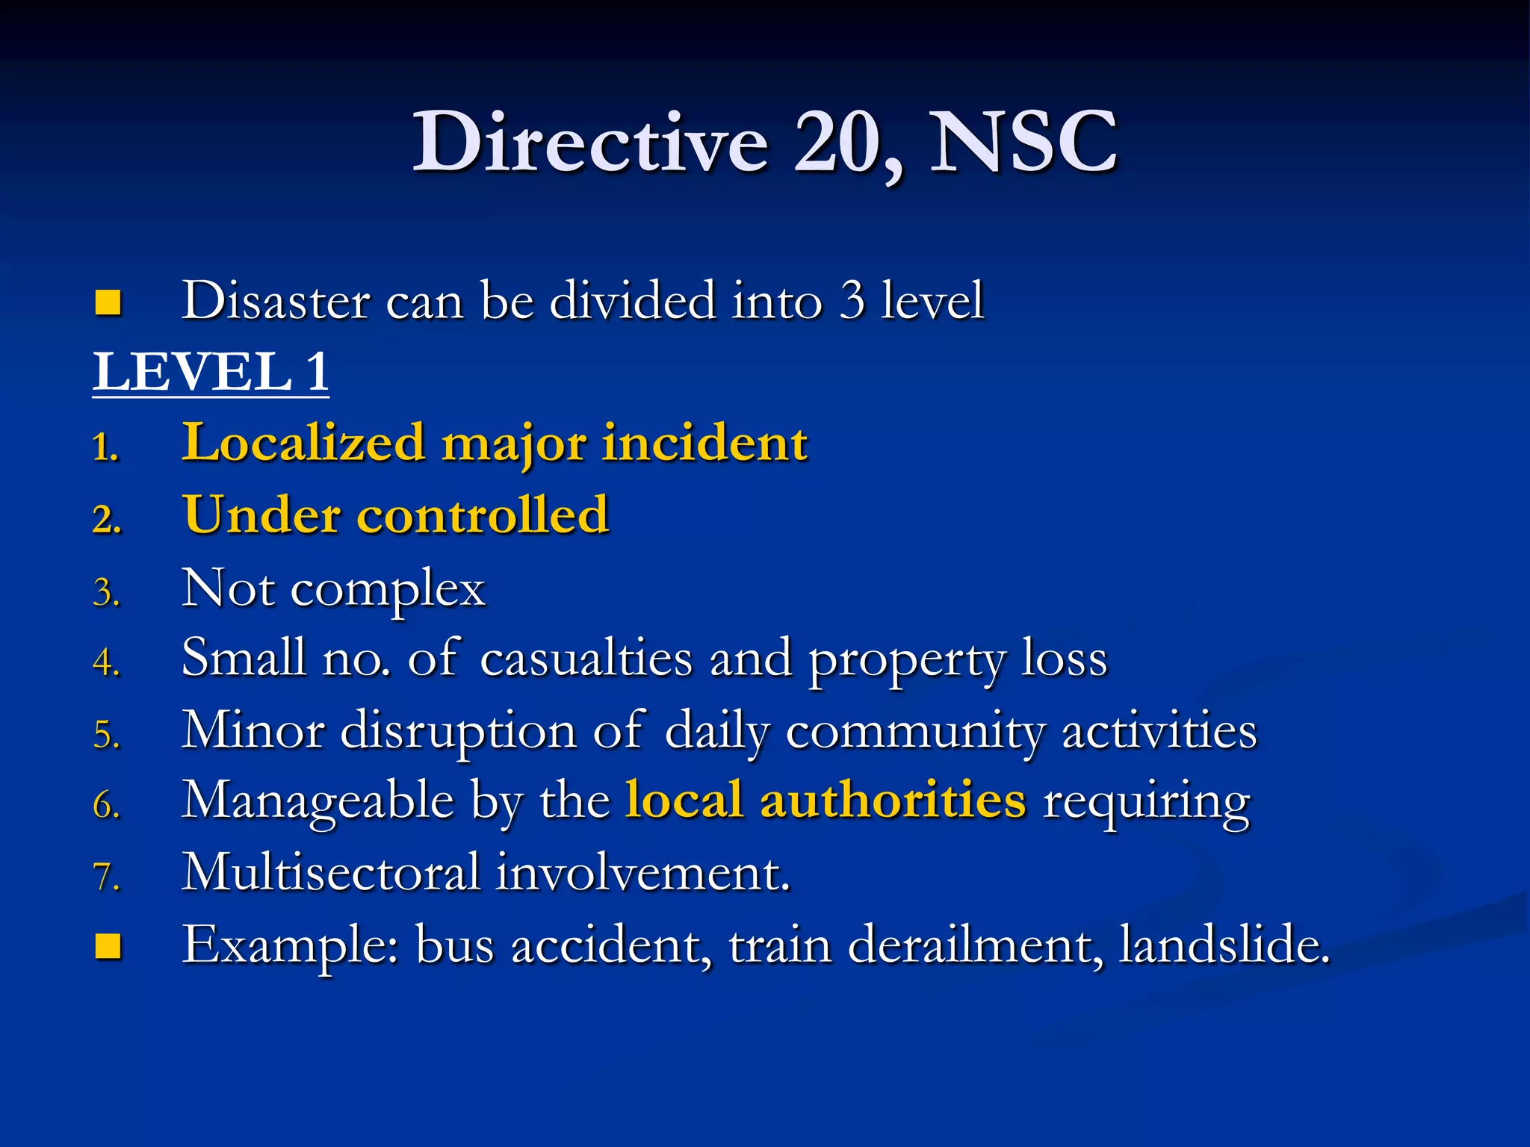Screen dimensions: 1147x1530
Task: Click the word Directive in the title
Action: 590,142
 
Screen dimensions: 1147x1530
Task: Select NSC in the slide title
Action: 1023,142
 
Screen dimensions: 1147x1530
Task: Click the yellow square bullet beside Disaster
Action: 108,302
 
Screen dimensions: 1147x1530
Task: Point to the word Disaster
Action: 276,301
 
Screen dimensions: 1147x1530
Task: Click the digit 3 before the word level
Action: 852,301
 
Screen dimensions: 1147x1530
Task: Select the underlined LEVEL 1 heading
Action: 211,372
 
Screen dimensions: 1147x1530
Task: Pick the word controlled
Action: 483,515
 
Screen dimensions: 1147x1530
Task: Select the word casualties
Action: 586,659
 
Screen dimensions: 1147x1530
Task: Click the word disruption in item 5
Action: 458,730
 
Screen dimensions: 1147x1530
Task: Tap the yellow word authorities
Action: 893,801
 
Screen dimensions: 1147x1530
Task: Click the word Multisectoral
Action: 331,871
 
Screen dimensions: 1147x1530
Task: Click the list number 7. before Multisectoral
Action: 107,877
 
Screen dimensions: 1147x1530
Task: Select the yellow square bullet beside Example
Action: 108,946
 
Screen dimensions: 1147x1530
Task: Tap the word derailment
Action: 976,945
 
